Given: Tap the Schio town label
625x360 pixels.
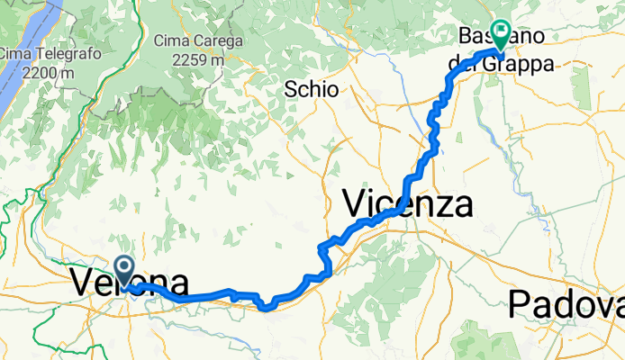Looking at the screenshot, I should [311, 89].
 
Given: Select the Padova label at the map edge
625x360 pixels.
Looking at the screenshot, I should [566, 304].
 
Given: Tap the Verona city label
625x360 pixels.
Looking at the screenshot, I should [129, 283].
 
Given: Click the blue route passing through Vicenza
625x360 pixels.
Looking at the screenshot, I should [396, 211].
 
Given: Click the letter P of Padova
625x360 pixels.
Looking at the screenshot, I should [520, 304].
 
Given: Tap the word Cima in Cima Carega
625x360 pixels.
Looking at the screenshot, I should [171, 41].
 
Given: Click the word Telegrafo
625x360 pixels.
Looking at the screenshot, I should [51, 54].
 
